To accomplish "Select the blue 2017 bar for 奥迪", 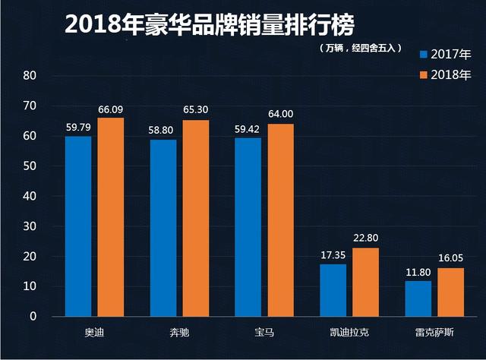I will pyautogui.click(x=78, y=226).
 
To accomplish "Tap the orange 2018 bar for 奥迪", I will pyautogui.click(x=111, y=217).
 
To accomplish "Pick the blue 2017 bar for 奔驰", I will pyautogui.click(x=163, y=228).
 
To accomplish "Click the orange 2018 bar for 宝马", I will pyautogui.click(x=280, y=220).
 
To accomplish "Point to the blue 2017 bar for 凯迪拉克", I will pyautogui.click(x=333, y=290).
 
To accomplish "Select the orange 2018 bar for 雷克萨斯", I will pyautogui.click(x=451, y=292).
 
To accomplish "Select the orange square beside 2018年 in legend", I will pyautogui.click(x=424, y=74).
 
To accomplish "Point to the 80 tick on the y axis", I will pyautogui.click(x=30, y=76).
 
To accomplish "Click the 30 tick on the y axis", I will pyautogui.click(x=30, y=226).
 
